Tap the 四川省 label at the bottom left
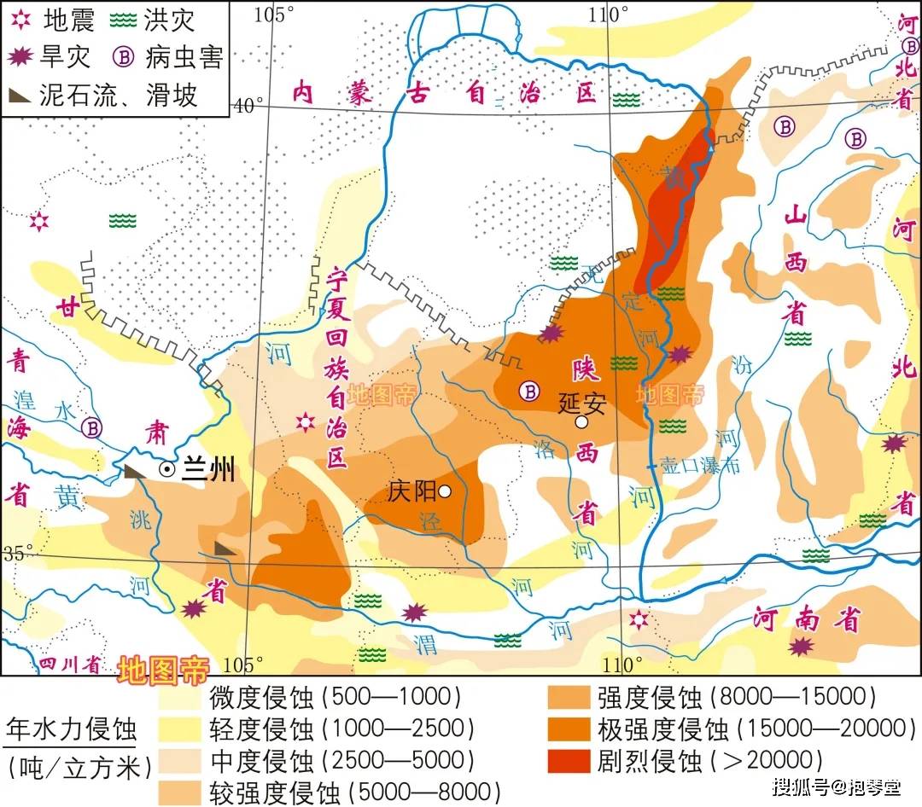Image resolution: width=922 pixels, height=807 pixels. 66,664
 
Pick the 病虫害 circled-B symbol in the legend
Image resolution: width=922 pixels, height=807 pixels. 125,56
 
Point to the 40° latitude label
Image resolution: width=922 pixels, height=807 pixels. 248,105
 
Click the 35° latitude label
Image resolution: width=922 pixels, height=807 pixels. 17,552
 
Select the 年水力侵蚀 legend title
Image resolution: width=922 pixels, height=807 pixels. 70,729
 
